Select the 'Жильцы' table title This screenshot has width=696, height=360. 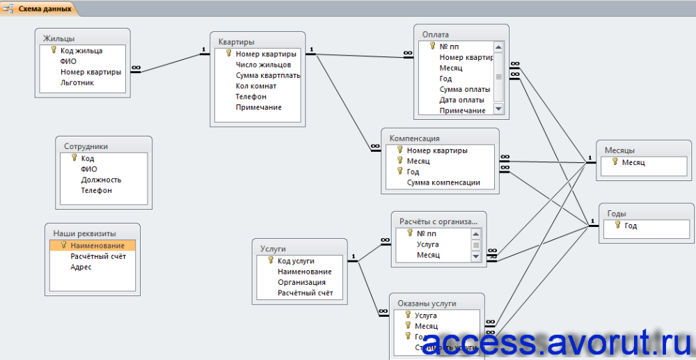59,38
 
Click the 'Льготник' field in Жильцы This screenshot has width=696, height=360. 77,82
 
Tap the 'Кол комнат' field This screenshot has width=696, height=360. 255,86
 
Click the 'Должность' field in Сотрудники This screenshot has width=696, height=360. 101,180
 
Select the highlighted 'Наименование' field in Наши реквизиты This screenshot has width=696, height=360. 97,246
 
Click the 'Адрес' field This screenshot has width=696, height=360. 81,267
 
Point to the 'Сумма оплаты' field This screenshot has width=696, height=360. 464,89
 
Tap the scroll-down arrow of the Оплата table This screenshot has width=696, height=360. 498,109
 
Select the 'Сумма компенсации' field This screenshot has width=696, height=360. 443,182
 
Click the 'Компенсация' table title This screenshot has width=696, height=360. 414,138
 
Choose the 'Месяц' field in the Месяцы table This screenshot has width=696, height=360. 633,162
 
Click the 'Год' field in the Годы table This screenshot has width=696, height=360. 631,226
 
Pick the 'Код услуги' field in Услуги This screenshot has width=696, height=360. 296,260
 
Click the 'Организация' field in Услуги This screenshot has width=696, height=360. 301,282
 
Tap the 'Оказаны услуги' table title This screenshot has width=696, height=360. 427,304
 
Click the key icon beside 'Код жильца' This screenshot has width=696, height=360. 53,50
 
